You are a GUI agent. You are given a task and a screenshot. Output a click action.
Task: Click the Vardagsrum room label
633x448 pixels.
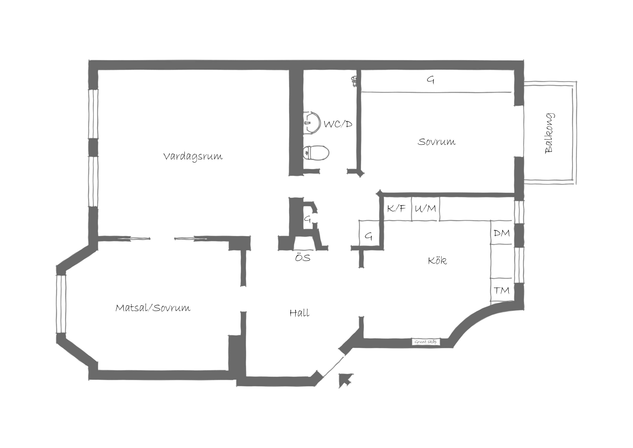click(x=193, y=156)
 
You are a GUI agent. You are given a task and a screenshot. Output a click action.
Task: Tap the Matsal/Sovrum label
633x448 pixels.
click(x=153, y=307)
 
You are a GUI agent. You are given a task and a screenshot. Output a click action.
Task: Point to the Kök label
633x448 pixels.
click(x=438, y=260)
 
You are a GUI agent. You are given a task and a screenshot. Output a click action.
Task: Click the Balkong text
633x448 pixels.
click(x=549, y=133)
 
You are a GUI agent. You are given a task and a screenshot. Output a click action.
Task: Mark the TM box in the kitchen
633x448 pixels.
click(x=501, y=290)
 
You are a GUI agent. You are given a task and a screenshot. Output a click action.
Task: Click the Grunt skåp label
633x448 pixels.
click(x=426, y=342)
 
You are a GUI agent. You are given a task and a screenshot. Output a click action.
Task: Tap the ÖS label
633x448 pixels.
click(x=303, y=258)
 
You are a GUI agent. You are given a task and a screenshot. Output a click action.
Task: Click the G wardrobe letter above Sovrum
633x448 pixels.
click(x=430, y=80)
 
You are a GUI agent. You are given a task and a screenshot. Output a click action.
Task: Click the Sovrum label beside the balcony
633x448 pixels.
click(x=436, y=142)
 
